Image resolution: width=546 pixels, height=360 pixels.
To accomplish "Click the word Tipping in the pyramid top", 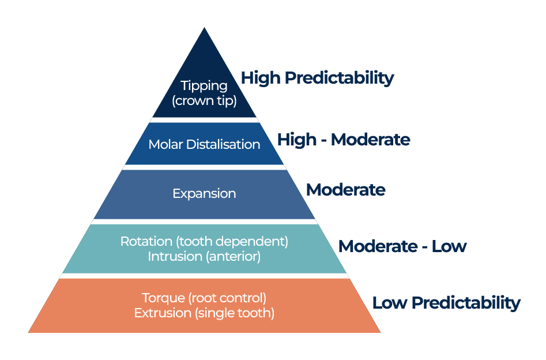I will (204, 86).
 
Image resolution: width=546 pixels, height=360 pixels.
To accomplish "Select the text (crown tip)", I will (204, 100).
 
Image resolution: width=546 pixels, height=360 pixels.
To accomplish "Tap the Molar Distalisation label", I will (204, 144).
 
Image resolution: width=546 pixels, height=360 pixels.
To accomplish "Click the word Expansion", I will (204, 194).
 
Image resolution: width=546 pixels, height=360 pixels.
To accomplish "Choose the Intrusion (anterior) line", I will (204, 256).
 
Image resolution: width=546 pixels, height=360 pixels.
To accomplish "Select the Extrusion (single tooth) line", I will (204, 313).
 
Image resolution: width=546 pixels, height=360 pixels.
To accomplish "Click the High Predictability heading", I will (317, 78).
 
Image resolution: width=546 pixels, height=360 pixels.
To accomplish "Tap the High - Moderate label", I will (344, 140).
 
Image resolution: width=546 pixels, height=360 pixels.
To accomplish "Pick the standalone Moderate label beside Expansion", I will (345, 190).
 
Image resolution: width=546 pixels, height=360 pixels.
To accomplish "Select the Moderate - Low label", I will (402, 246).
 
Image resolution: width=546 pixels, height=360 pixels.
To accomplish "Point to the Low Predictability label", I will (446, 303).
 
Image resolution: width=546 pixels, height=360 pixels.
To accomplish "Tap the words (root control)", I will (228, 298).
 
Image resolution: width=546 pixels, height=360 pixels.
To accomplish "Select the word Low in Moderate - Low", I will (449, 246).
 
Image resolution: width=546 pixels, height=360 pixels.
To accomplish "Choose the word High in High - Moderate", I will (296, 140).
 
